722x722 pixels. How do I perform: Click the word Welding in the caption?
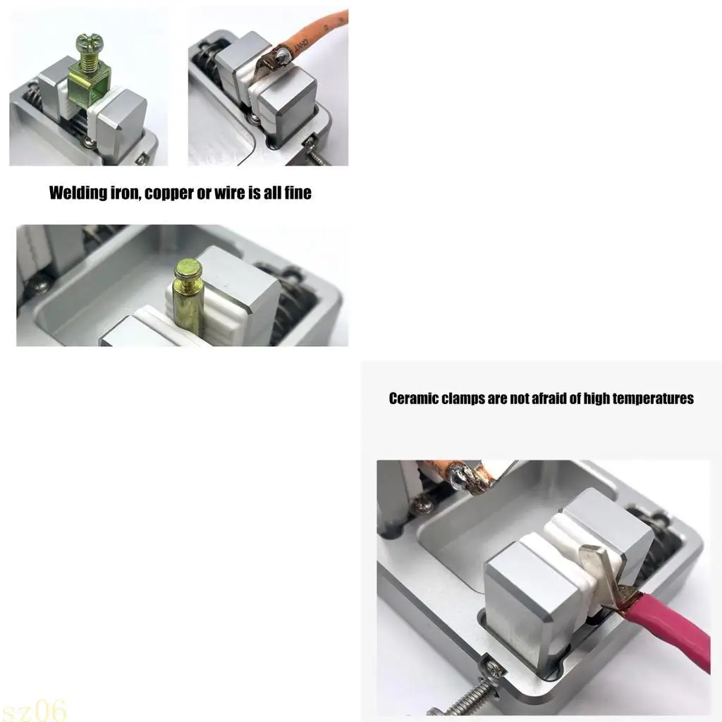(x=75, y=193)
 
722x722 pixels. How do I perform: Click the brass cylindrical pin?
(x=189, y=303)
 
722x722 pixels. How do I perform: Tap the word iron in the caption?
(x=123, y=193)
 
